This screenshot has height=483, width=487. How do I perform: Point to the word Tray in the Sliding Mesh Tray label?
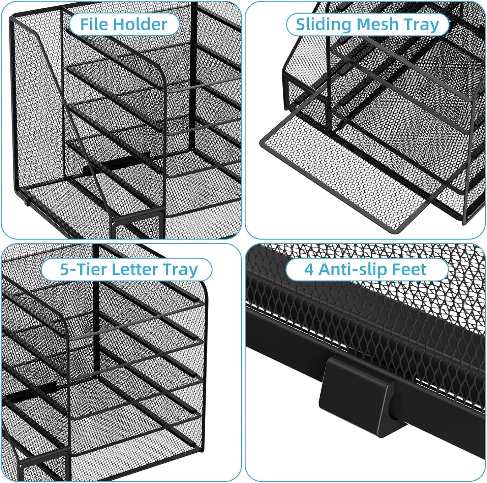click(422, 24)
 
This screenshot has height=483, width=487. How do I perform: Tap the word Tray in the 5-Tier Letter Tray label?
click(180, 269)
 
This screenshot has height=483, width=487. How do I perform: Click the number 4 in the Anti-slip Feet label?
click(309, 269)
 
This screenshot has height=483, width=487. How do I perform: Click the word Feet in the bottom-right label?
click(411, 269)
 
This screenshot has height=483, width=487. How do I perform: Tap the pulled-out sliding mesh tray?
click(344, 175)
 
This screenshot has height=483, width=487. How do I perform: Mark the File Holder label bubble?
click(124, 24)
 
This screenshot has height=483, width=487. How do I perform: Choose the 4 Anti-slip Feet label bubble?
click(367, 269)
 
